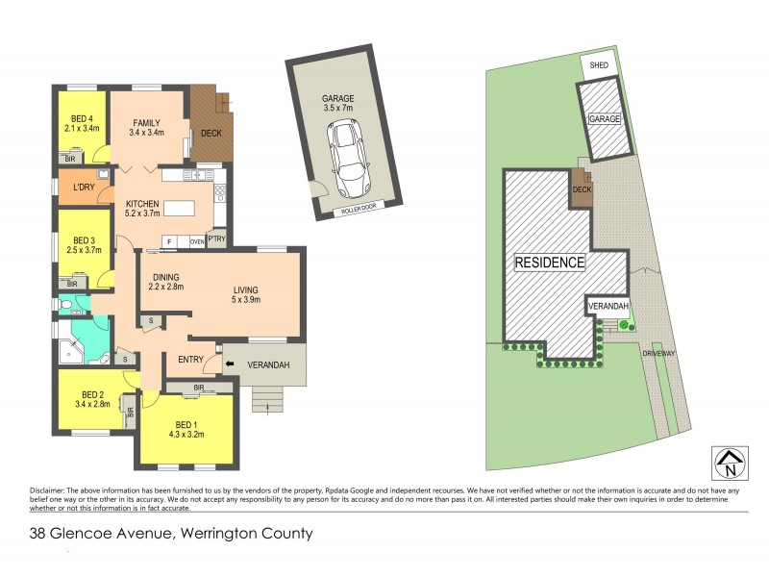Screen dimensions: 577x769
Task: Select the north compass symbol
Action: [x=728, y=464]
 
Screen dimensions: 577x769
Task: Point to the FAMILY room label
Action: [x=147, y=123]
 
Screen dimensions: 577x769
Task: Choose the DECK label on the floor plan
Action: [x=211, y=132]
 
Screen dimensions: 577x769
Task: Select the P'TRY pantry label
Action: [x=216, y=240]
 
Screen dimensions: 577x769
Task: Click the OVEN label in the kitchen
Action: [x=196, y=240]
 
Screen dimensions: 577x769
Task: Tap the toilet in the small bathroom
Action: [x=64, y=307]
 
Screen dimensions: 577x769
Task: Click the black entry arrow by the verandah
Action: [x=229, y=364]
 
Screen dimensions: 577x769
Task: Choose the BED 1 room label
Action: [x=188, y=424]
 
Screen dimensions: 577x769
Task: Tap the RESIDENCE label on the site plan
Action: [x=549, y=262]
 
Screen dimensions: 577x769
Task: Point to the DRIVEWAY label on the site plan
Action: [x=660, y=354]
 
